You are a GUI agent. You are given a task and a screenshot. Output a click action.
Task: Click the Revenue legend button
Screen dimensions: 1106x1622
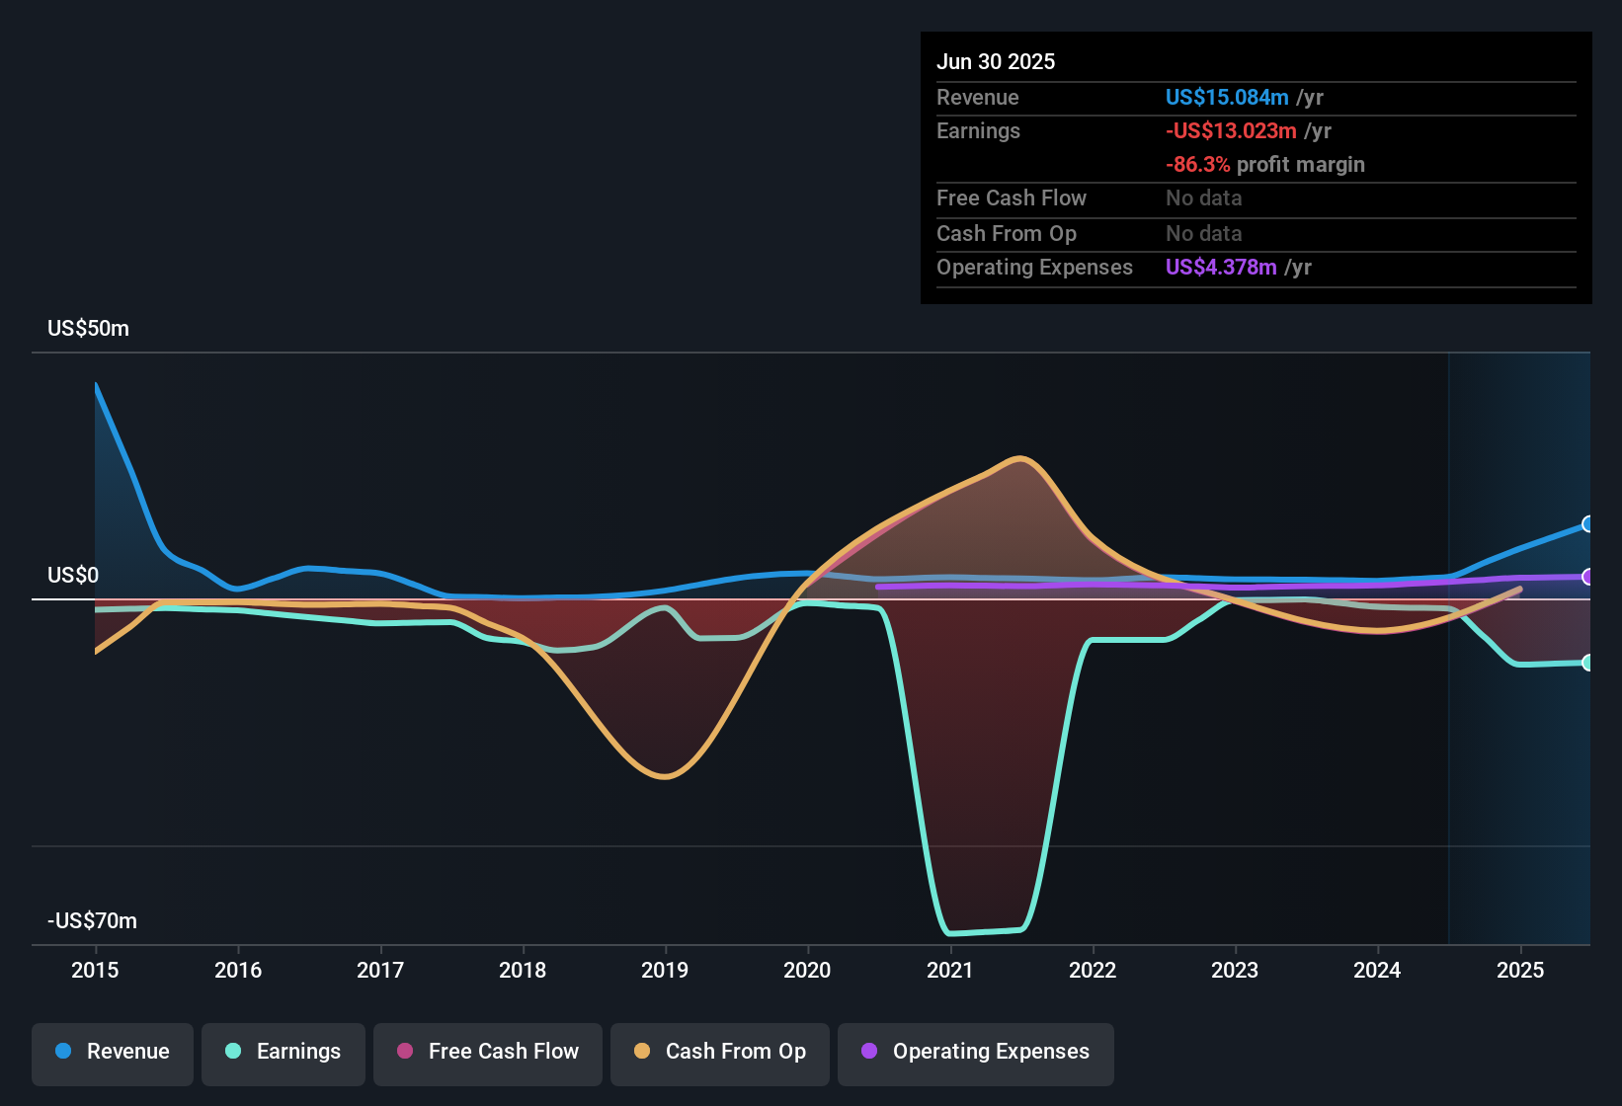coord(113,1052)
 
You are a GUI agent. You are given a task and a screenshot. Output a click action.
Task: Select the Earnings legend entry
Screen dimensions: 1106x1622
coord(284,1052)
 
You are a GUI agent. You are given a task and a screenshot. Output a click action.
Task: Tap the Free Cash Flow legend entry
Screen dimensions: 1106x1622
coord(488,1052)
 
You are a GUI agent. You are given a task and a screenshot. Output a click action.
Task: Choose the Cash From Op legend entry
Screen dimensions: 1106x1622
coord(720,1052)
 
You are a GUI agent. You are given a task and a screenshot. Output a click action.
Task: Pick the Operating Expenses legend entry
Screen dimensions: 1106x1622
coord(976,1052)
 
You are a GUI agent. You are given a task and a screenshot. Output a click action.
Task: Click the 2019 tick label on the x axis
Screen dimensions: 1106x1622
coord(665,970)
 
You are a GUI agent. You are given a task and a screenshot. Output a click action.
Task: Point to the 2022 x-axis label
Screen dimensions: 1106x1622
coord(1093,970)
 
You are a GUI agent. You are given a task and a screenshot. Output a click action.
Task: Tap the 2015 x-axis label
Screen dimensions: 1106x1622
coord(95,970)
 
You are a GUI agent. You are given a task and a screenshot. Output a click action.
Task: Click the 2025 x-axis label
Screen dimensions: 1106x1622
coord(1519,970)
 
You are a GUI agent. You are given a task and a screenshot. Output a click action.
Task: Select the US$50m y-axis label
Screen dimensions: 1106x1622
coord(88,329)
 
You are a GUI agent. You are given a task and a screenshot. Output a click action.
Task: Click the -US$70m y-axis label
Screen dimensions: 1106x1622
coord(92,921)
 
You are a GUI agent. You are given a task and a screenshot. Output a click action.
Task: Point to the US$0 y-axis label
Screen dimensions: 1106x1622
coord(73,576)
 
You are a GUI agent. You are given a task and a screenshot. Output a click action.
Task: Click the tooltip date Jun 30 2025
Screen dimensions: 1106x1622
coord(996,61)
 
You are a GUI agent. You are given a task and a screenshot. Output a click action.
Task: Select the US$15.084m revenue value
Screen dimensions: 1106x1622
coord(1227,97)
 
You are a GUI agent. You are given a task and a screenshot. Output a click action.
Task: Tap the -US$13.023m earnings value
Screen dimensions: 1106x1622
coord(1231,130)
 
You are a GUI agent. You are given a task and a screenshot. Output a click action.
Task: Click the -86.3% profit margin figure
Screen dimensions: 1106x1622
coord(1198,164)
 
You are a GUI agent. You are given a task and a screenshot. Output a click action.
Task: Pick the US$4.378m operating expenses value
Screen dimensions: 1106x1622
coord(1221,267)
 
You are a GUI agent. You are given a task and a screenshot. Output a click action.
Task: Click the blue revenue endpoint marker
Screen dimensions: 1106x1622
coord(1587,524)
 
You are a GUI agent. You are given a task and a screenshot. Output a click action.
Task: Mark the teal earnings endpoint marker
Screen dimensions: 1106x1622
coord(1587,663)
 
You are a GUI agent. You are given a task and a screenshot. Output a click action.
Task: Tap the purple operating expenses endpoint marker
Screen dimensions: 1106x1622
coord(1587,577)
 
